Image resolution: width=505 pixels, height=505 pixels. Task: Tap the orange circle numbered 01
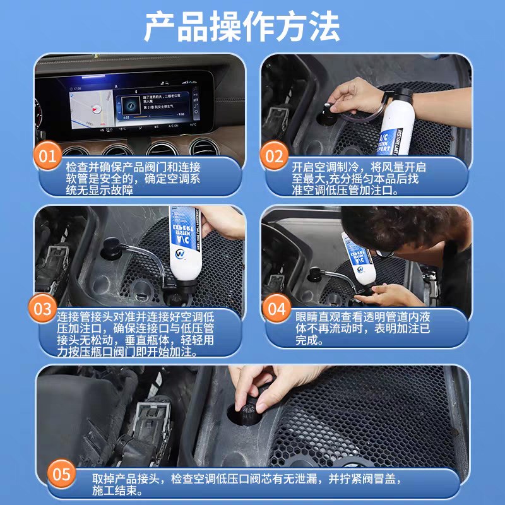coord(49,155)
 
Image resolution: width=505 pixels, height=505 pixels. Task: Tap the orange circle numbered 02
coord(275,155)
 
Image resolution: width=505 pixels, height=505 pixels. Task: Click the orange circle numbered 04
coord(276,308)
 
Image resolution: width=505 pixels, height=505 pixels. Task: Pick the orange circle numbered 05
coord(64,473)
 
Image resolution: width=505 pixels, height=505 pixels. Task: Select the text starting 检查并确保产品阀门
coord(133,179)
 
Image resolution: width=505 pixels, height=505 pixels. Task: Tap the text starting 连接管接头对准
coord(136,334)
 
